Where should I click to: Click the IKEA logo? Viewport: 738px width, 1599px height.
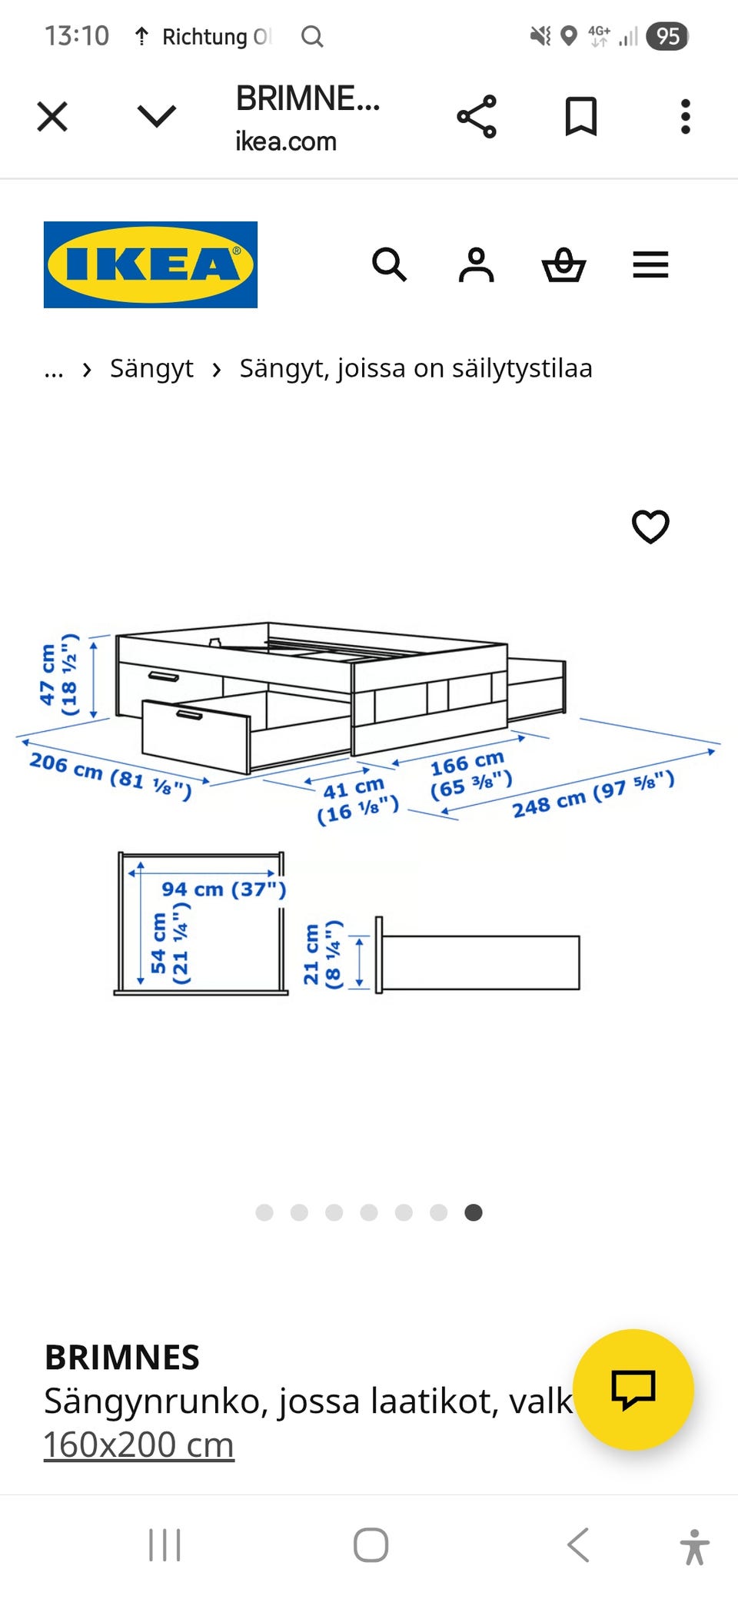(x=151, y=264)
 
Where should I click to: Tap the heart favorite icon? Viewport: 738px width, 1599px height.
(x=650, y=527)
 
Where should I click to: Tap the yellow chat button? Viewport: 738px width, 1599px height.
(x=633, y=1389)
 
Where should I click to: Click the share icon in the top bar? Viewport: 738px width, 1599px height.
(x=477, y=117)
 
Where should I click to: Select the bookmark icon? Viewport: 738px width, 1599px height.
(x=581, y=117)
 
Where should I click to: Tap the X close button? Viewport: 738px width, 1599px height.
(x=52, y=117)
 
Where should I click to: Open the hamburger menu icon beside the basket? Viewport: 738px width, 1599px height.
(x=650, y=264)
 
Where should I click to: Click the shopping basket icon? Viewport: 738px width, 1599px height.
(x=564, y=265)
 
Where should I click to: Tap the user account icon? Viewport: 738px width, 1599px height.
(x=477, y=265)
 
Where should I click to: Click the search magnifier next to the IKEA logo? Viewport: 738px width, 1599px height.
(x=389, y=265)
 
